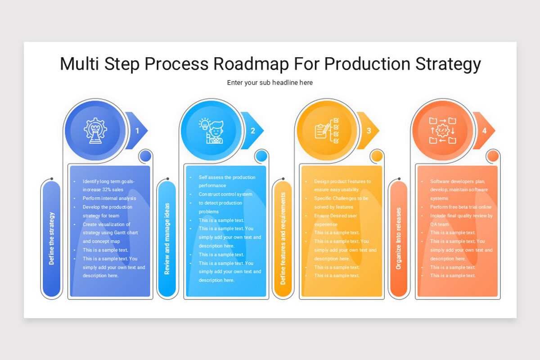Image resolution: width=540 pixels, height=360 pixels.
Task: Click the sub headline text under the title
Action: coord(270,83)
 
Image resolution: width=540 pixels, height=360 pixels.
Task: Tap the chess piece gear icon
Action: coord(95,130)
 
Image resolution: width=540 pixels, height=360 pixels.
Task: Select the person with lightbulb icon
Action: coord(211,130)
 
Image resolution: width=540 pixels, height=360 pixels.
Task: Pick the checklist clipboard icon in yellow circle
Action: coord(327,130)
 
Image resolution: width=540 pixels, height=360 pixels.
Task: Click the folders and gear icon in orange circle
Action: coord(443,130)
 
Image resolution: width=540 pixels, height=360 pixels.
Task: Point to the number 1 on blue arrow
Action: coord(138,131)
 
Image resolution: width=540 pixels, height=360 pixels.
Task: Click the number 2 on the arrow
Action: coord(253,131)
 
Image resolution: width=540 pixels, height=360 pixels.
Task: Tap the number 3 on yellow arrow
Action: coord(369,131)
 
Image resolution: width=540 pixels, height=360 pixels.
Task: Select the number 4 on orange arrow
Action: coord(485,131)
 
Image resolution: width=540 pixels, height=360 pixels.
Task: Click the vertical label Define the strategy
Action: coord(51,238)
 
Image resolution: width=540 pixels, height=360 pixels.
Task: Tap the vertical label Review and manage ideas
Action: coord(167,238)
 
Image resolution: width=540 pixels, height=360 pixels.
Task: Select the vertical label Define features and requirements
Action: coord(283,238)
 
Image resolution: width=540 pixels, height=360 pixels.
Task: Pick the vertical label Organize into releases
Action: coord(398,238)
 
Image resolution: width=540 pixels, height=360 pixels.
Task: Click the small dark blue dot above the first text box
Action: coord(145,156)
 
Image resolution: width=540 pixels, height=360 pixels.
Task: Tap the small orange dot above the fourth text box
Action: coord(493,156)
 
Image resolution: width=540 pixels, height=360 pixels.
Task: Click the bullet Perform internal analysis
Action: coord(109,198)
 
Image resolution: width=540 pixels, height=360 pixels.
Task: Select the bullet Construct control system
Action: coord(225,194)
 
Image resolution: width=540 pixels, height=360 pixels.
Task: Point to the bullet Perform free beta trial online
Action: coord(461,207)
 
